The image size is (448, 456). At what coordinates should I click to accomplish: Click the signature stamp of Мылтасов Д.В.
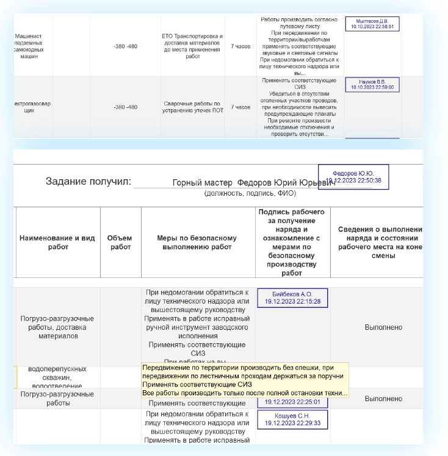click(x=372, y=24)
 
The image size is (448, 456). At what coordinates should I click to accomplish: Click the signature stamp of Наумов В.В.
click(x=372, y=84)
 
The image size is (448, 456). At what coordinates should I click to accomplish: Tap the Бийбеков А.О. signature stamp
click(x=292, y=297)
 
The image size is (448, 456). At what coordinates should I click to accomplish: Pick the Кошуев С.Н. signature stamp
click(x=292, y=419)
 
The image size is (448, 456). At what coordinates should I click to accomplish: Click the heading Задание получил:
click(x=89, y=181)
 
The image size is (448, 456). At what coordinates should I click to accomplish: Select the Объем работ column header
click(x=120, y=243)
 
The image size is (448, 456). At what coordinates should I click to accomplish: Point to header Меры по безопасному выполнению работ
click(x=198, y=243)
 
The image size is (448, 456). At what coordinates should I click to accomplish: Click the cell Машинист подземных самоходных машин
click(x=28, y=46)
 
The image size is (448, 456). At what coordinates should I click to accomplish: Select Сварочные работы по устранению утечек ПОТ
click(x=193, y=107)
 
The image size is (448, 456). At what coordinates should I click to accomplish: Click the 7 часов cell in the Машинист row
click(x=240, y=46)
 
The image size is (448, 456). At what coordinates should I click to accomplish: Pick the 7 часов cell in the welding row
click(x=240, y=107)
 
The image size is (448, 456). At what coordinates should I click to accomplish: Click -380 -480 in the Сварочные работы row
click(x=125, y=107)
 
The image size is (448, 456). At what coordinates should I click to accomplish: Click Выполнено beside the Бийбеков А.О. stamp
click(x=383, y=327)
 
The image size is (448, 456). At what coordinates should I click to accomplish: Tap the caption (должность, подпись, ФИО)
click(x=250, y=193)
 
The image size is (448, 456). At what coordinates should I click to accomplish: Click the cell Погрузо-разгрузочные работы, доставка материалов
click(x=57, y=327)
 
